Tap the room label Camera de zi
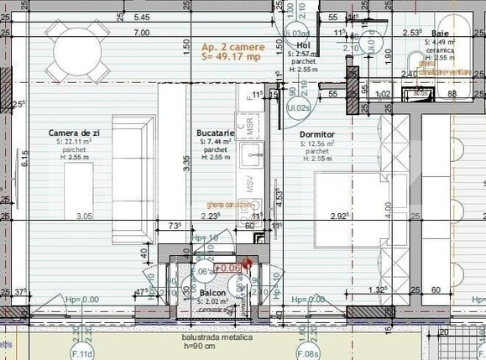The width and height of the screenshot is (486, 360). (x=74, y=133)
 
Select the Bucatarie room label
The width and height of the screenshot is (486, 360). (x=215, y=133)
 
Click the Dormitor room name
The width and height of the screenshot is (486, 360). (x=316, y=134)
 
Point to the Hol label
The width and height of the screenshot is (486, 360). (x=304, y=45)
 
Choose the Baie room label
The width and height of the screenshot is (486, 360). (x=440, y=33)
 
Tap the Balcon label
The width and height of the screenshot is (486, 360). (x=212, y=293)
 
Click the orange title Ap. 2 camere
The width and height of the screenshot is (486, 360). (x=233, y=47)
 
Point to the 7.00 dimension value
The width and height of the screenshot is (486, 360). (x=141, y=34)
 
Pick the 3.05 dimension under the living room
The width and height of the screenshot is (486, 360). (x=84, y=217)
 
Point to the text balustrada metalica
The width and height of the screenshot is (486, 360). (x=212, y=337)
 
